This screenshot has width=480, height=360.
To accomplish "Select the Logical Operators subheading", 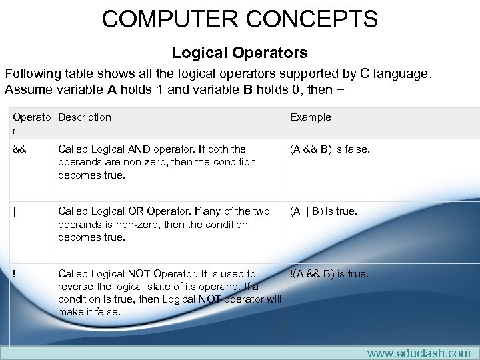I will pos(239,52).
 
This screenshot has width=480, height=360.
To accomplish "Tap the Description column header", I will pos(85,117).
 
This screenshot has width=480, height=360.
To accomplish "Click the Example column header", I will pos(310,117).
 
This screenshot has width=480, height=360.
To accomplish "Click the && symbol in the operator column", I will pos(20,149).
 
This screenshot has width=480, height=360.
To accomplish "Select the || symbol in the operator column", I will pos(16,212).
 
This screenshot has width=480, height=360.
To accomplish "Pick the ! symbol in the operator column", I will pos(14,274).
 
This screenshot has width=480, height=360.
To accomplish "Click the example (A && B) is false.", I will pos(329,149).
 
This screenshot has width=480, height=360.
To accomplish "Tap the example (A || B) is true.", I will pos(323,212).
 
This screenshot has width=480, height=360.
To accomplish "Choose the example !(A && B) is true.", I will pos(328,274).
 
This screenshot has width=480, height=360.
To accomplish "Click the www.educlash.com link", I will pos(419,353).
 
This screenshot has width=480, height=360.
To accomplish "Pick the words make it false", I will pos(89,312).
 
